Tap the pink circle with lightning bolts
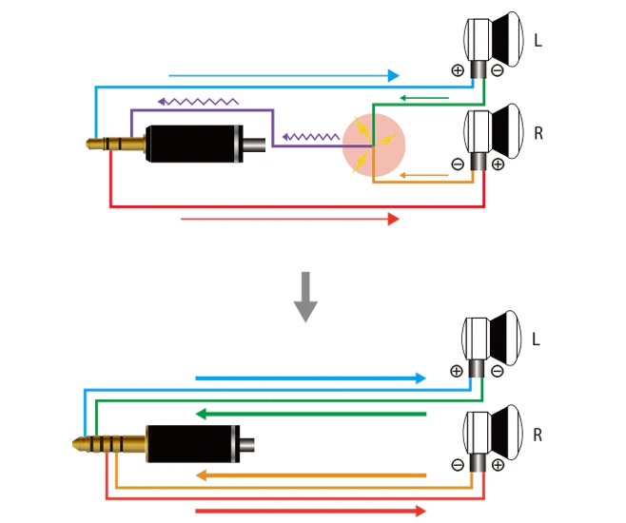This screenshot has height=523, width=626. click(374, 145)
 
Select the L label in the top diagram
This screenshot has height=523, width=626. click(538, 40)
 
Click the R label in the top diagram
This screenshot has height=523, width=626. click(538, 133)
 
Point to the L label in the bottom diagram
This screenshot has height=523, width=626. click(537, 339)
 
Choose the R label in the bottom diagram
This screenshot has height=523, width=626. click(538, 435)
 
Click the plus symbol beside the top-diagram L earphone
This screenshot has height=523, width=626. click(458, 70)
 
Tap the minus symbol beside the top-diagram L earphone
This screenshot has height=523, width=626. click(498, 70)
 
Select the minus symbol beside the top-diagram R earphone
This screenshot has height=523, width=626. click(458, 164)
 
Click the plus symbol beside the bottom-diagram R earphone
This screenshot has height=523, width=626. click(498, 465)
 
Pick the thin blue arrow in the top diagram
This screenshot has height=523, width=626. click(284, 75)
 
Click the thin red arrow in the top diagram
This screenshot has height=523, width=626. click(290, 219)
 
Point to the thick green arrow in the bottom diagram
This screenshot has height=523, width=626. click(311, 414)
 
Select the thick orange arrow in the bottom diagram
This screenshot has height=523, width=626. click(311, 475)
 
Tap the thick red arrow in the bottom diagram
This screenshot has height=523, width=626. click(311, 511)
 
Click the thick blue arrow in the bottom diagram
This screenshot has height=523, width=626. click(311, 378)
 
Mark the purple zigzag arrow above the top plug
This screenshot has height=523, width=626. click(198, 102)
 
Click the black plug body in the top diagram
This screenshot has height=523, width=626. click(194, 144)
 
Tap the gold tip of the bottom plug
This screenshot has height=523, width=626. click(78, 444)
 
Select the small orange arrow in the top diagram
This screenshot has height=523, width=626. click(424, 175)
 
